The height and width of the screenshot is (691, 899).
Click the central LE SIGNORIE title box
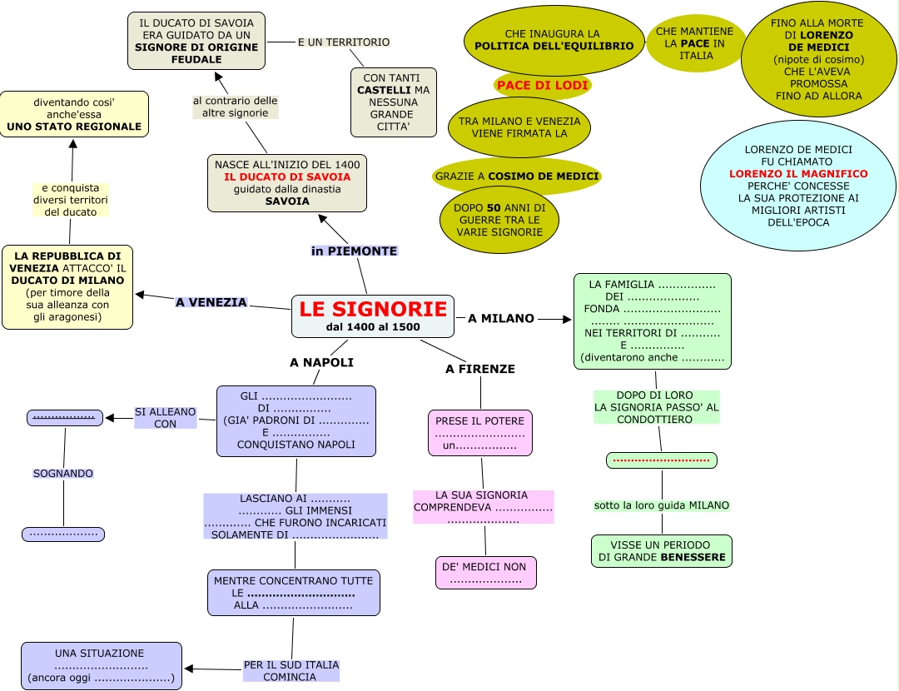point(373,316)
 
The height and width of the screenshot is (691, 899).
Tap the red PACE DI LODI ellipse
point(543,86)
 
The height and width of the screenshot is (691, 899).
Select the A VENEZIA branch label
point(211,302)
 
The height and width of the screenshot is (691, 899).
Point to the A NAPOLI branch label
point(321,362)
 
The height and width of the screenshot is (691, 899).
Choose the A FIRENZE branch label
point(480,369)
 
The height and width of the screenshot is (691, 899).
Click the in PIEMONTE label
point(354,251)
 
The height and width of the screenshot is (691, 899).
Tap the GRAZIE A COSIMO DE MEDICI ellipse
point(516,176)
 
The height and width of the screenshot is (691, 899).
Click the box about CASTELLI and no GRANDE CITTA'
point(393,102)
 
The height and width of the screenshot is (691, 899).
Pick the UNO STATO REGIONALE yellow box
point(74,115)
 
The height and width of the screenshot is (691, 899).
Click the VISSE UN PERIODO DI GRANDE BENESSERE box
point(662,550)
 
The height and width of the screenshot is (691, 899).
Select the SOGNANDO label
point(63,473)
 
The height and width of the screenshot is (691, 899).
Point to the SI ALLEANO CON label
point(165,417)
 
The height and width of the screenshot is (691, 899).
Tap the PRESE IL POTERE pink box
point(480,433)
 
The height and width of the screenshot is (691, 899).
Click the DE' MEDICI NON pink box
point(485,573)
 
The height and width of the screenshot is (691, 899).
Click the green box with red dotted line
point(661,460)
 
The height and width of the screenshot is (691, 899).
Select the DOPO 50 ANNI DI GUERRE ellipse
point(499,220)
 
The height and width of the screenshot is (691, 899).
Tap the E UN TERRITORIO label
point(343,42)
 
